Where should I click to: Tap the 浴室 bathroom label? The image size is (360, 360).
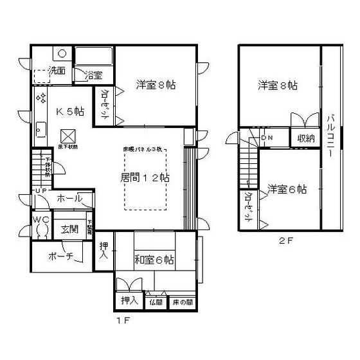(94, 75)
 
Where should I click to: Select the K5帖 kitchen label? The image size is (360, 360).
(69, 111)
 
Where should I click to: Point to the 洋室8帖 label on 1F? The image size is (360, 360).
(156, 84)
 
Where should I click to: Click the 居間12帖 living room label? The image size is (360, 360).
(145, 178)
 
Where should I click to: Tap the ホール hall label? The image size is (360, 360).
(70, 199)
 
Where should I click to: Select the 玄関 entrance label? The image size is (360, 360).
(69, 228)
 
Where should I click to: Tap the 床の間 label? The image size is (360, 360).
(180, 301)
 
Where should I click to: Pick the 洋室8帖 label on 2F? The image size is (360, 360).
(278, 85)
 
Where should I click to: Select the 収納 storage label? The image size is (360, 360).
(305, 138)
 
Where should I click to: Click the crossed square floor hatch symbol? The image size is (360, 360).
(67, 137)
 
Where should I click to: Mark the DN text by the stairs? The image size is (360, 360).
(267, 138)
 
